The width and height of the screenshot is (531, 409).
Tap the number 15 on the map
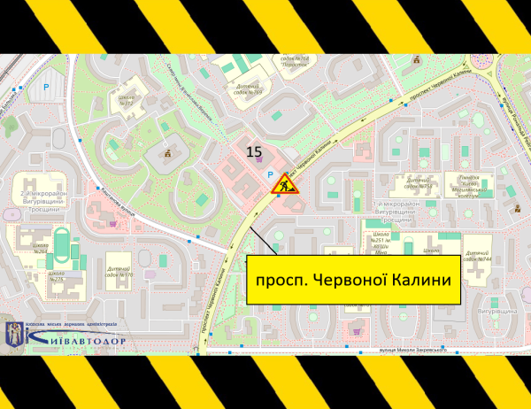click(x=255, y=150)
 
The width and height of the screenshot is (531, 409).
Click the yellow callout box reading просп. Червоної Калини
click(x=353, y=281)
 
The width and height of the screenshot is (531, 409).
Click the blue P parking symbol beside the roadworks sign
click(x=271, y=175)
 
